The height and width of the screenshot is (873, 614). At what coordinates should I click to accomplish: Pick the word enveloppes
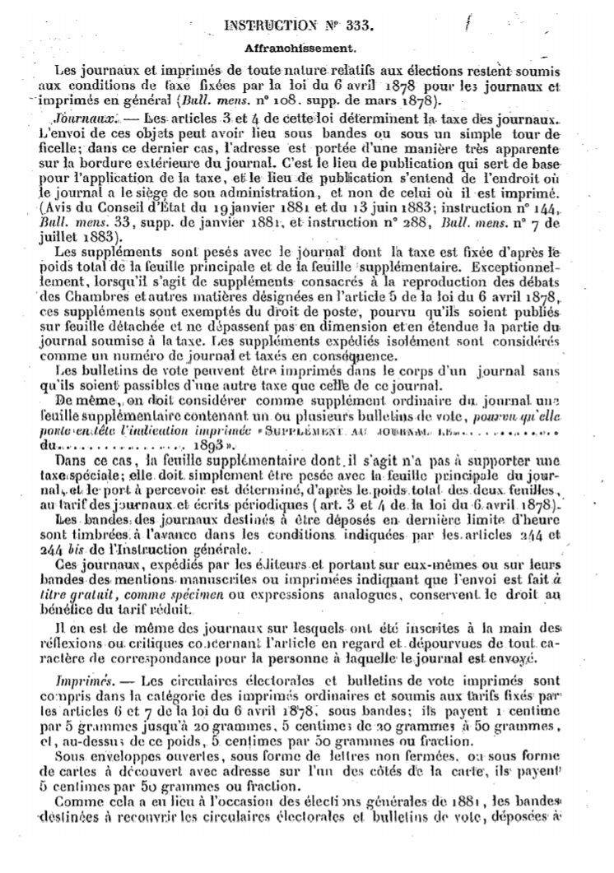click(x=109, y=750)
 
